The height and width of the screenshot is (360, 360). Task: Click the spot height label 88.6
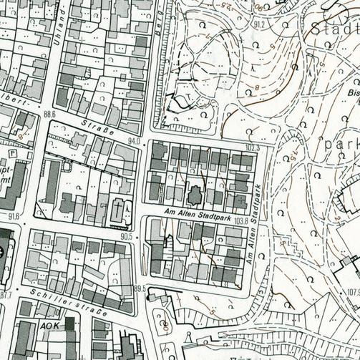coord(49,114)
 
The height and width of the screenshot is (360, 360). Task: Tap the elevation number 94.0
coord(133,141)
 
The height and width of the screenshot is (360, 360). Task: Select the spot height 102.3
coord(251,148)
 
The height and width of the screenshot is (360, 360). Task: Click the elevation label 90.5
coord(127,236)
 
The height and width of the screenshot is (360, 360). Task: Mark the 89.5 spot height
coord(139,288)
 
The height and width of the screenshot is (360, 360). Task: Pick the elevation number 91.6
coord(14,215)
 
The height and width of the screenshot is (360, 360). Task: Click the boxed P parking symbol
coord(14,152)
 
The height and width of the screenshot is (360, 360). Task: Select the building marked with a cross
coord(118,211)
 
